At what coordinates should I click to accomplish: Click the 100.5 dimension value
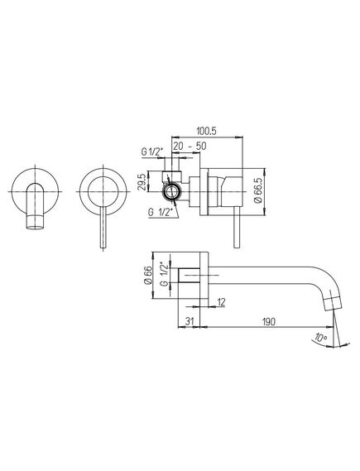coord(207,132)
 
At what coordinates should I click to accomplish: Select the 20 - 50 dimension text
coord(190,147)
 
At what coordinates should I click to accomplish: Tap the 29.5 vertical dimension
coord(143,181)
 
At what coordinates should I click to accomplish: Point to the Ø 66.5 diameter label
coord(258,190)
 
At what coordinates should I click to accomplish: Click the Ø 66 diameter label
coord(148,276)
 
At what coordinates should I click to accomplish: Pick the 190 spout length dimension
coord(268,322)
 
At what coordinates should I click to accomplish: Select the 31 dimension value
coord(189,321)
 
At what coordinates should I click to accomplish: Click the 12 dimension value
coord(221,302)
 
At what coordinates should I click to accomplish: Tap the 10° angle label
coord(320,338)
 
